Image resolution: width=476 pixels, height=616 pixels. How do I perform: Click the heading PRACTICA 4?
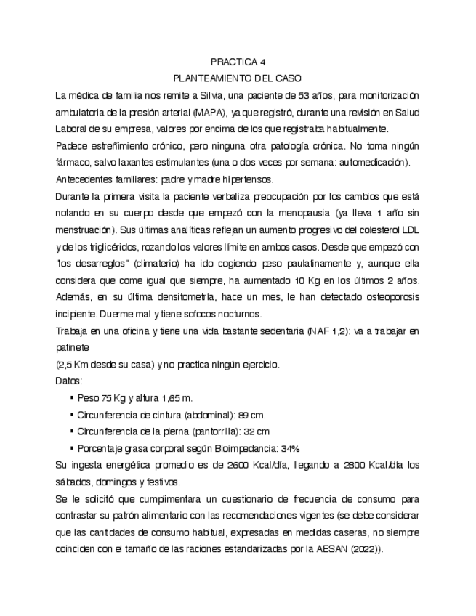click(x=238, y=61)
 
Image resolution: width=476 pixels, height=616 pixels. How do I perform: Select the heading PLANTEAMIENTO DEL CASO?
click(x=238, y=78)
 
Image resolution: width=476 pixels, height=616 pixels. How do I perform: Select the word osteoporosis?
click(x=387, y=297)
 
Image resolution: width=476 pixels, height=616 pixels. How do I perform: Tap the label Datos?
click(x=68, y=381)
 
